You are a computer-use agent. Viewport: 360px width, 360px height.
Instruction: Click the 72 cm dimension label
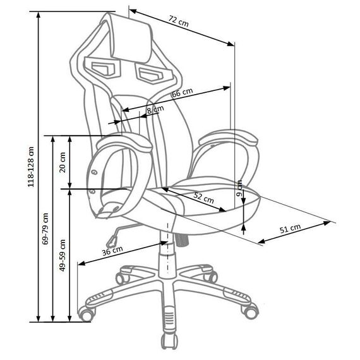[x=179, y=21]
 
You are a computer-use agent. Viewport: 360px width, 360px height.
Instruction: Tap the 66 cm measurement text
[x=183, y=92]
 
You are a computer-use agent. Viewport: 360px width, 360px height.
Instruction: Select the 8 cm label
[x=155, y=109]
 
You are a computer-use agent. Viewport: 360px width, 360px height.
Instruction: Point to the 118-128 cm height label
[x=31, y=167]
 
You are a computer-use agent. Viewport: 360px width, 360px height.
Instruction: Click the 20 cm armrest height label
[x=63, y=162]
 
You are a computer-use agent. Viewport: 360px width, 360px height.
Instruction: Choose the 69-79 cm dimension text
[x=45, y=229]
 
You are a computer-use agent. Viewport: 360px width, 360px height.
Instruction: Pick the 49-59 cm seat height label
[x=63, y=255]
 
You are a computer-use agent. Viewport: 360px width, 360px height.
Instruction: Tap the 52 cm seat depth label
[x=204, y=198]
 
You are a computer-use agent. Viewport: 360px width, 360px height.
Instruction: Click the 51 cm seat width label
[x=290, y=229]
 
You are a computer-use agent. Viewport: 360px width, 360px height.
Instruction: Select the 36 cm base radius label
[x=112, y=251]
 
